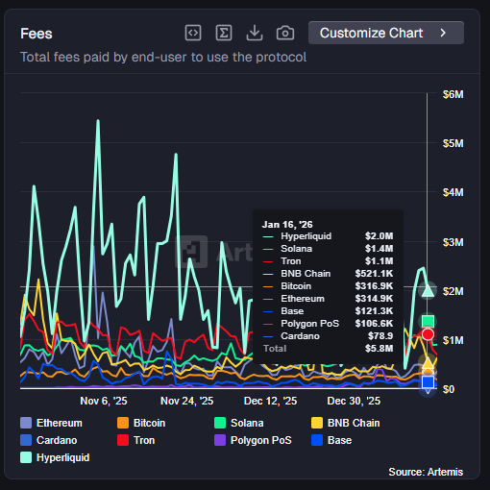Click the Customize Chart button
click(385, 33)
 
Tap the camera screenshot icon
click(285, 33)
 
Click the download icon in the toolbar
click(255, 33)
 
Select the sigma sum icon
click(224, 33)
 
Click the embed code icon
click(193, 33)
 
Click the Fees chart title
click(37, 33)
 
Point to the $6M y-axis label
click(453, 94)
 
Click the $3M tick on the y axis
click(453, 241)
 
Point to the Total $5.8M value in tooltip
click(379, 348)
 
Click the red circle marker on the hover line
click(429, 334)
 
